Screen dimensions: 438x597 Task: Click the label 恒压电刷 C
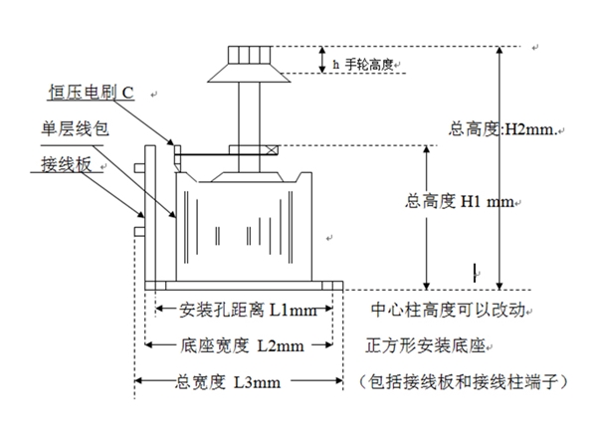pos(91,94)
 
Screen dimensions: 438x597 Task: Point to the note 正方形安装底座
pos(429,344)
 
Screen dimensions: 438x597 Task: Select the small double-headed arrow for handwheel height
pos(322,60)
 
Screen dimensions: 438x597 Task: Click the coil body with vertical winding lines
pos(245,224)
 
